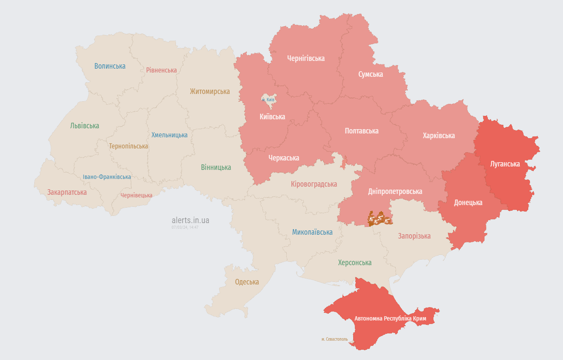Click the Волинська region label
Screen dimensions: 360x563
click(110, 66)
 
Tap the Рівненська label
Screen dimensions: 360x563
click(161, 70)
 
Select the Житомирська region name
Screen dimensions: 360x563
click(210, 91)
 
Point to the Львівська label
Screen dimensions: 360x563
click(85, 126)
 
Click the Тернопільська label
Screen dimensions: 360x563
click(128, 146)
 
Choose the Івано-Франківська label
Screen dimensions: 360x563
click(107, 177)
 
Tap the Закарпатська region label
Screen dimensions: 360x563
click(67, 192)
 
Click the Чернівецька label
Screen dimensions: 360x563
click(136, 195)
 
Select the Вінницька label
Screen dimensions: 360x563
click(216, 167)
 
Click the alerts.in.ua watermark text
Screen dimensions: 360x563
click(191, 220)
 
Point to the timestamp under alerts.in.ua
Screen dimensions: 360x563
click(185, 227)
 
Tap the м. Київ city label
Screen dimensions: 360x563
click(268, 100)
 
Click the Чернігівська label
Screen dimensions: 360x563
click(306, 58)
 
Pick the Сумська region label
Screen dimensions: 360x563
click(371, 74)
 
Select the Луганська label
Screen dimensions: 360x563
click(505, 164)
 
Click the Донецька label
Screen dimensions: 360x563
click(468, 203)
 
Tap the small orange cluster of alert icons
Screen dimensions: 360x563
click(380, 219)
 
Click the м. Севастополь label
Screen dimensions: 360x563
click(335, 339)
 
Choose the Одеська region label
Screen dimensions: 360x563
click(247, 282)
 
